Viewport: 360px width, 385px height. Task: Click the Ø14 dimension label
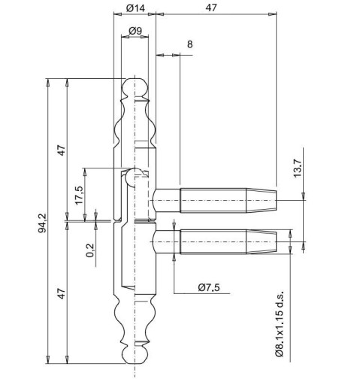135,8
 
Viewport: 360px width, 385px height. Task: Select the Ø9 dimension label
135,31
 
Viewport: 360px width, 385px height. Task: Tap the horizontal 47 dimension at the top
211,8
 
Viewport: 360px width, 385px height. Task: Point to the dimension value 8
190,44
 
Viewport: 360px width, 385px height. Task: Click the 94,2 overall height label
42,223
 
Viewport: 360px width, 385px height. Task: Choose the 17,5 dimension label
79,196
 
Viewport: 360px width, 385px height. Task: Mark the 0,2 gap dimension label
90,250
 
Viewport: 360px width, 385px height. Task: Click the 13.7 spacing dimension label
298,168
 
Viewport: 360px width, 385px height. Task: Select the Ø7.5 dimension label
209,287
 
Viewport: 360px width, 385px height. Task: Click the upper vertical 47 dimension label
62,150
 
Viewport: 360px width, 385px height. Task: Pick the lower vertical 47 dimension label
62,293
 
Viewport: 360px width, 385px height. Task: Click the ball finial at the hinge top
135,87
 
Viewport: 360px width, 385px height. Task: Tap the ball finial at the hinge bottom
135,354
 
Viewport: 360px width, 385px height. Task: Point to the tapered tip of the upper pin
262,201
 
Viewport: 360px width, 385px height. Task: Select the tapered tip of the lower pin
262,242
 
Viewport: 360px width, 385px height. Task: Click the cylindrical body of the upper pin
213,201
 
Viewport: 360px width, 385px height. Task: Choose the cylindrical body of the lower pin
213,242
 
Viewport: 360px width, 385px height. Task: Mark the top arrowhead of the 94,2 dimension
47,82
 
